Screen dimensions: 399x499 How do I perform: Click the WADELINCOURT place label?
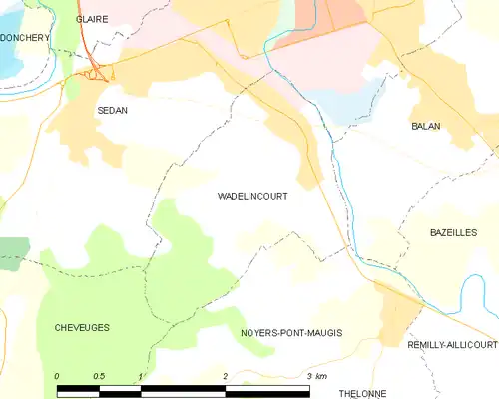pos(252,197)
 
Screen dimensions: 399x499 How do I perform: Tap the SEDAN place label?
pos(111,113)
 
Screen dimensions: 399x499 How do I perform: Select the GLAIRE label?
pos(92,18)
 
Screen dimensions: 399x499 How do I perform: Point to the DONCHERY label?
pos(25,38)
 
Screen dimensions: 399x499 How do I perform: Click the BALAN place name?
pos(426,127)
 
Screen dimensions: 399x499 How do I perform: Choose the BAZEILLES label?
pos(453,232)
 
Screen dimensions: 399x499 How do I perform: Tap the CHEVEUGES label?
pos(82,327)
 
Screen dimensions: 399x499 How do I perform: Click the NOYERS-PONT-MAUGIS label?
pos(291,332)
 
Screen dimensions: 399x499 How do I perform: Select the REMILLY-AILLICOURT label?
pos(452,344)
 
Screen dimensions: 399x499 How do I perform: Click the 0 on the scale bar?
pos(57,376)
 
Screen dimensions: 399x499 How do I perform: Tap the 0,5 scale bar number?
pos(98,376)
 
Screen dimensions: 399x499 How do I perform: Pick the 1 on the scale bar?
pos(142,376)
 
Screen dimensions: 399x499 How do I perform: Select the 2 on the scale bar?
pos(226,376)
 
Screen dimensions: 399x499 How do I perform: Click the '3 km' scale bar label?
pos(316,376)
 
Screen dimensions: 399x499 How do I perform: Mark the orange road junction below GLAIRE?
pos(97,73)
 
